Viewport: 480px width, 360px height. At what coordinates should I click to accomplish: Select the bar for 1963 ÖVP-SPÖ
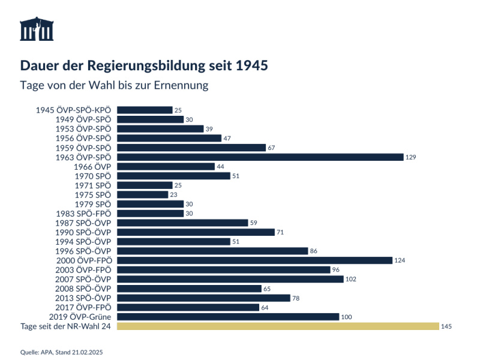click(260, 157)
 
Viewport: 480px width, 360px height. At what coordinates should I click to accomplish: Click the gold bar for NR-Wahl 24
click(278, 326)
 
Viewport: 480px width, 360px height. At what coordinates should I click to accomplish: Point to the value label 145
click(446, 326)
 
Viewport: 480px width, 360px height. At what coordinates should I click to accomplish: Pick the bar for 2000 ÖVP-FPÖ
click(254, 260)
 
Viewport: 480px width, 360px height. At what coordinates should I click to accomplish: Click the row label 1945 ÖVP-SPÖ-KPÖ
click(74, 110)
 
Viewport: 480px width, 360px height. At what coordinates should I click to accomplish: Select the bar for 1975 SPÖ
click(143, 194)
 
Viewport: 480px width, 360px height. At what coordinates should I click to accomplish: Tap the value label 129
click(410, 157)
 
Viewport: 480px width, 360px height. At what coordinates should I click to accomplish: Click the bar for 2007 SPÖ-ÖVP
click(230, 279)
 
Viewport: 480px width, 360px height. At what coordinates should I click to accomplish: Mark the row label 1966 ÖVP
click(92, 166)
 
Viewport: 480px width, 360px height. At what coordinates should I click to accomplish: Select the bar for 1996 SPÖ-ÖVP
click(212, 251)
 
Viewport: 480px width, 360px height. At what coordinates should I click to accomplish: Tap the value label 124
click(400, 260)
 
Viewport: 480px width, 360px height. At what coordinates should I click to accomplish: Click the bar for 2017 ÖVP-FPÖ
click(188, 307)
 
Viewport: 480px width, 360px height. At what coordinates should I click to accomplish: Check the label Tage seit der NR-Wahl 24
click(66, 326)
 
